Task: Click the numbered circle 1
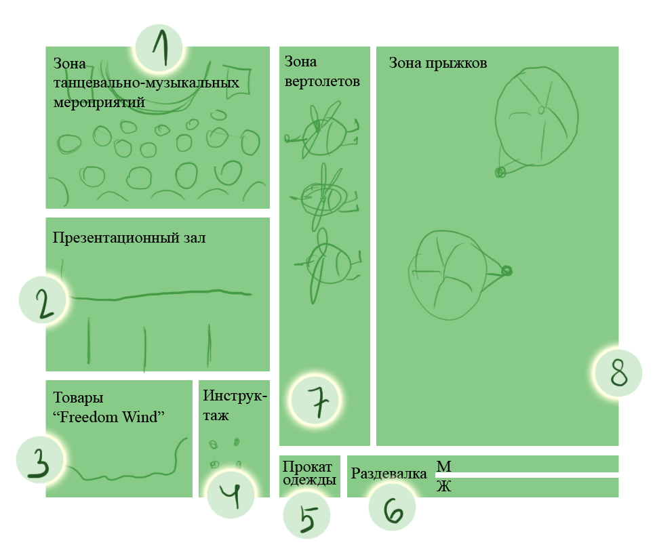click(x=159, y=48)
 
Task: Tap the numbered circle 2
click(x=43, y=300)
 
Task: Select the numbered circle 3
click(x=40, y=459)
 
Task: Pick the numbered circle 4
click(x=231, y=495)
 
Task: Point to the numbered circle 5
click(x=306, y=515)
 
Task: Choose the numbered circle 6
click(x=392, y=507)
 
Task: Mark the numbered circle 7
click(x=315, y=401)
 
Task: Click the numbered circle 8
click(x=618, y=373)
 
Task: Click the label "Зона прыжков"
click(x=438, y=64)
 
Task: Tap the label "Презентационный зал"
click(x=129, y=238)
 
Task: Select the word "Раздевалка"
click(x=389, y=474)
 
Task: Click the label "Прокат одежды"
click(x=309, y=473)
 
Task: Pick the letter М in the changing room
click(x=443, y=466)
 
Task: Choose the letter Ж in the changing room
click(x=443, y=486)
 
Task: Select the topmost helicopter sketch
click(x=322, y=130)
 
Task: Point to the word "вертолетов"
click(x=322, y=81)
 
